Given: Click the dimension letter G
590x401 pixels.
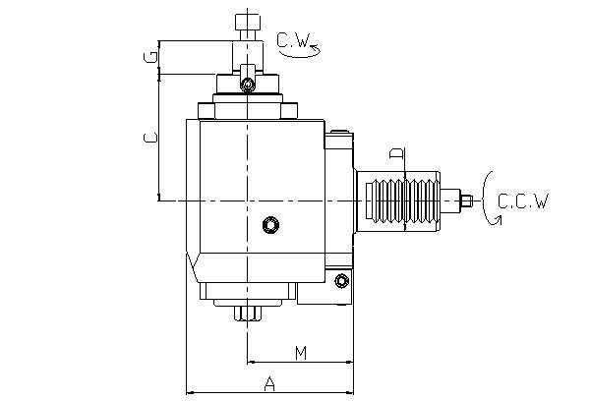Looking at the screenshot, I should point(150,58).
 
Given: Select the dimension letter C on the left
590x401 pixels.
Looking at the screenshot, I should point(150,138).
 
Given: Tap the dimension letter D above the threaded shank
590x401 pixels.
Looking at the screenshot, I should point(395,154).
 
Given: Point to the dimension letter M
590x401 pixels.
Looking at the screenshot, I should point(301,351).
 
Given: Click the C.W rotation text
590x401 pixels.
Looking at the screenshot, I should point(293,40).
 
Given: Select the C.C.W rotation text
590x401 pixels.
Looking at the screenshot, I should point(522,201).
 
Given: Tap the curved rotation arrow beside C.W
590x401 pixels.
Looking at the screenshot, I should point(298,55).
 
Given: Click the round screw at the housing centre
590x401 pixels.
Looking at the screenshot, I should point(270,226).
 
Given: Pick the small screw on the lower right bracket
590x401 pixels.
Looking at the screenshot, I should point(341,282).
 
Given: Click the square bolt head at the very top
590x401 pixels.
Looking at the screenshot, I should point(247,22).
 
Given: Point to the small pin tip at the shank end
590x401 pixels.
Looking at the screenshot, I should point(468,201).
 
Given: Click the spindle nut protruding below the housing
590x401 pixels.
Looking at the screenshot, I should point(247,314).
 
